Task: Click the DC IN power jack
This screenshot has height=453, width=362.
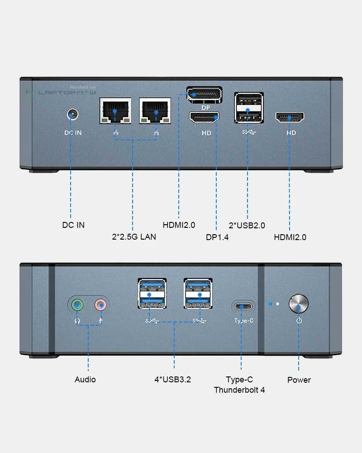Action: (x=71, y=113)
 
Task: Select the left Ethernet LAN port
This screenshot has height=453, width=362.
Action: (x=115, y=110)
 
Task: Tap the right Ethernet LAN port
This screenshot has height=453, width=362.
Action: (x=156, y=110)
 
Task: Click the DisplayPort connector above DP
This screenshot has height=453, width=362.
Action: (x=204, y=94)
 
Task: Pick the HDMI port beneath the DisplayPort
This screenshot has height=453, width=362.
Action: (x=204, y=118)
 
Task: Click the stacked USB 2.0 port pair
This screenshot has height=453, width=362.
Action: (x=248, y=108)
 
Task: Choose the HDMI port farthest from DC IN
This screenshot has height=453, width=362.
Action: (x=290, y=118)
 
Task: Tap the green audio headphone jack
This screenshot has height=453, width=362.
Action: (x=78, y=304)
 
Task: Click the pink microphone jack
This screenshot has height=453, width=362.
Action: (x=101, y=304)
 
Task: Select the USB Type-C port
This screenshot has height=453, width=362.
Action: (x=243, y=306)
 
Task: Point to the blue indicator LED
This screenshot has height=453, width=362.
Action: (x=271, y=303)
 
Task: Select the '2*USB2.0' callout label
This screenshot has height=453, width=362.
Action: (x=248, y=225)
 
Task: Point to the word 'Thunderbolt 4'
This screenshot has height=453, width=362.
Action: (x=239, y=390)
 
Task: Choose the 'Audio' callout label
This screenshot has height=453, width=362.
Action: (x=85, y=380)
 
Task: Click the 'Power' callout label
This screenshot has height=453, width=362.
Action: (x=299, y=380)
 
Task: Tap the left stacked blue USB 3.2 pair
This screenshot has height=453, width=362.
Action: (x=151, y=294)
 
